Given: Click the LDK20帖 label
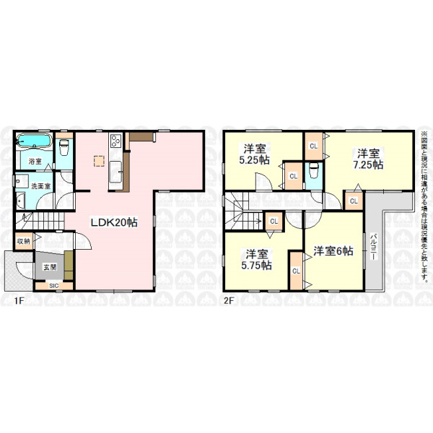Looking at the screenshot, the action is pyautogui.click(x=114, y=222).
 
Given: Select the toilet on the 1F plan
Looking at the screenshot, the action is pyautogui.click(x=64, y=146).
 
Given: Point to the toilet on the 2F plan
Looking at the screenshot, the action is pyautogui.click(x=314, y=171).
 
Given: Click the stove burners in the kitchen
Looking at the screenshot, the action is pyautogui.click(x=116, y=141).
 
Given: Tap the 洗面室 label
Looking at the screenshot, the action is pyautogui.click(x=41, y=186).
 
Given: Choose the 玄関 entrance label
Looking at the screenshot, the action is pyautogui.click(x=50, y=267).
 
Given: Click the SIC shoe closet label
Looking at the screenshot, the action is pyautogui.click(x=54, y=286).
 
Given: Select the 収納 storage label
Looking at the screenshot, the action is pyautogui.click(x=24, y=241).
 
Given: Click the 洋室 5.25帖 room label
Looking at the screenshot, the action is pyautogui.click(x=254, y=154).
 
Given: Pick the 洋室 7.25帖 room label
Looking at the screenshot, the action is pyautogui.click(x=368, y=159).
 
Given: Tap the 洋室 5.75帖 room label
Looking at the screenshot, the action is pyautogui.click(x=256, y=259).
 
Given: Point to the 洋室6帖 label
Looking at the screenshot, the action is pyautogui.click(x=333, y=250).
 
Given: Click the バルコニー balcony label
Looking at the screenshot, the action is pyautogui.click(x=374, y=247).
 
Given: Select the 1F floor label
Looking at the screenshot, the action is pyautogui.click(x=19, y=300).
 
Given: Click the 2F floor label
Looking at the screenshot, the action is pyautogui.click(x=229, y=300).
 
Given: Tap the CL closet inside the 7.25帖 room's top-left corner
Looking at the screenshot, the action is pyautogui.click(x=314, y=146).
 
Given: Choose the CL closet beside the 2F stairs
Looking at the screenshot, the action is pyautogui.click(x=274, y=221).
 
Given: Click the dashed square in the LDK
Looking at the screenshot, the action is pyautogui.click(x=99, y=161).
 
